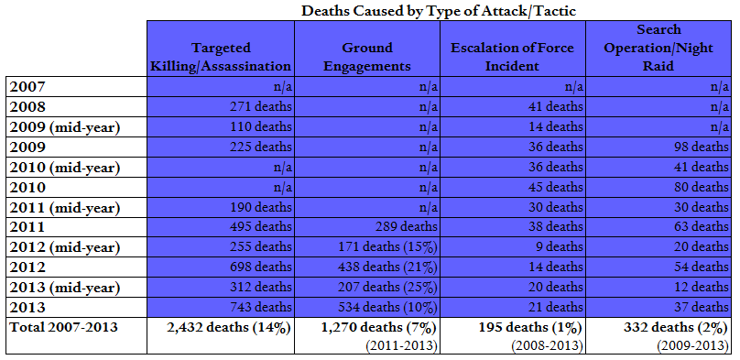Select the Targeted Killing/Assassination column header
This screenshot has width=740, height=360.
click(x=222, y=57)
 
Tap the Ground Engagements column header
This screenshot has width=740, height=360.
click(x=366, y=57)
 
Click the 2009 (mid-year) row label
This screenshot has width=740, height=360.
click(x=64, y=127)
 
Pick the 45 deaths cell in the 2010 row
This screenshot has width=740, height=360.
click(x=553, y=188)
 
